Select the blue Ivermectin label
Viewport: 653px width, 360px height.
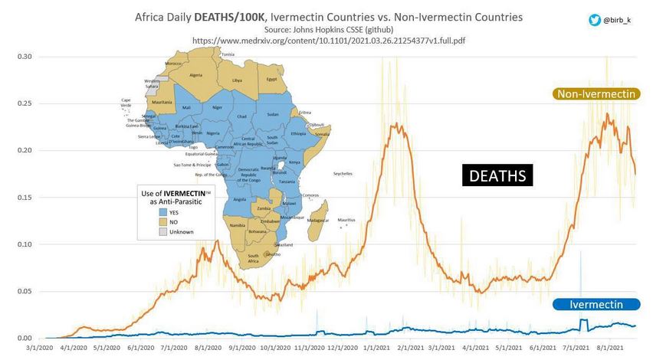coord(596,304)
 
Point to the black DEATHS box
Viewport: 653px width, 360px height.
coord(497,175)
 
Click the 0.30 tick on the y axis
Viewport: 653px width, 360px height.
coord(25,57)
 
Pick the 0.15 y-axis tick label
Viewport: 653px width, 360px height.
coord(25,198)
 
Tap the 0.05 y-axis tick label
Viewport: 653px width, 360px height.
coord(25,292)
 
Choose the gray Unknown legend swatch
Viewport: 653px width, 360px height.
coord(163,231)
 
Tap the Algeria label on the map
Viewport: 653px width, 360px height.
coord(196,75)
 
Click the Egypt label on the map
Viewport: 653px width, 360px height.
coord(271,79)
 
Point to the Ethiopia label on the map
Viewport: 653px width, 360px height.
coord(298,134)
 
